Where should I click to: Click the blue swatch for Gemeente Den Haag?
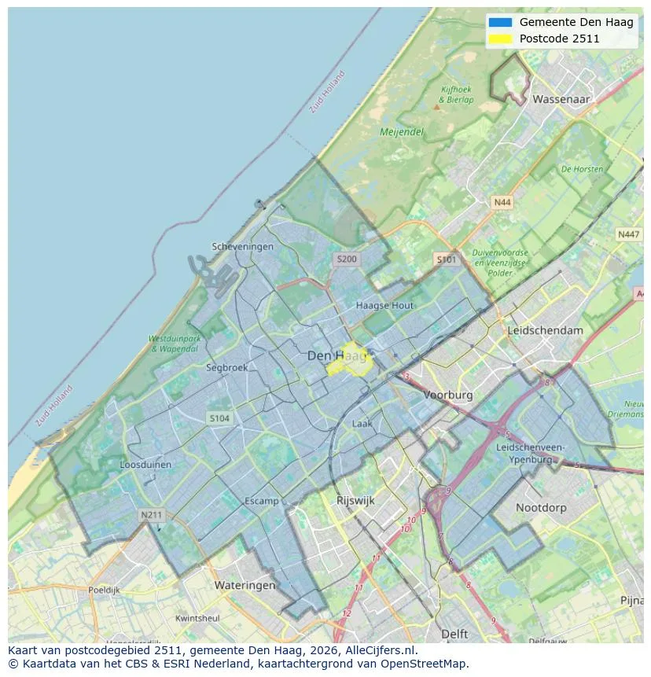(x=499, y=22)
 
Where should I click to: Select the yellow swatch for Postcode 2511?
(x=499, y=39)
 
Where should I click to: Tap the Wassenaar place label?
(x=561, y=100)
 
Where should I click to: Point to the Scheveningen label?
(x=243, y=246)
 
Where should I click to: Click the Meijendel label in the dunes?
(x=402, y=132)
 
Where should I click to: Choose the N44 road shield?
(x=502, y=203)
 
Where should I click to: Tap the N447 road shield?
(x=628, y=234)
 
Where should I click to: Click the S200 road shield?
(x=346, y=259)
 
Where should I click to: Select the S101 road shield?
(x=446, y=259)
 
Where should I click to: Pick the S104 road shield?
(x=219, y=418)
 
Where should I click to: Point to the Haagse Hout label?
(x=384, y=305)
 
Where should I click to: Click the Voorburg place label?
(x=448, y=395)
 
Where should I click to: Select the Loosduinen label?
(x=145, y=465)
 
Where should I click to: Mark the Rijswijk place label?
(x=355, y=500)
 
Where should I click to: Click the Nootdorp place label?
(x=541, y=508)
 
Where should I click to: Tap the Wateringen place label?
(x=245, y=585)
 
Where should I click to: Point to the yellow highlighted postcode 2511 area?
(x=351, y=361)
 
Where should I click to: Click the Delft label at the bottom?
(x=454, y=634)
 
